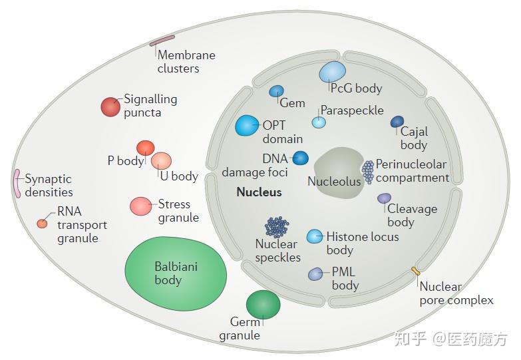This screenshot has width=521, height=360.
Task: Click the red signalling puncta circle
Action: point(110,107)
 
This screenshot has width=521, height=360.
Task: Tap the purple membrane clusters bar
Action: point(162,40)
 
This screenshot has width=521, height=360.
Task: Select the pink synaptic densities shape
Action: point(17,184)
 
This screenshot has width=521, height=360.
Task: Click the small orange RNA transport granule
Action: point(42,224)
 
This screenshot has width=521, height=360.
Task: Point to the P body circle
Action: point(146,148)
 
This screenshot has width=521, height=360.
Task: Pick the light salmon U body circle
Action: point(161,161)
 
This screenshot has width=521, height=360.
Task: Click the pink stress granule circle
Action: point(141,206)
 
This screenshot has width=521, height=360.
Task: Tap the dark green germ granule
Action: point(263,305)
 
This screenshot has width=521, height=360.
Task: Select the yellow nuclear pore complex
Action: point(415,271)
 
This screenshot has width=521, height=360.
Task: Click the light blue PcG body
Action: point(332,72)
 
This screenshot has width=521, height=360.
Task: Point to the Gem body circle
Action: point(276,91)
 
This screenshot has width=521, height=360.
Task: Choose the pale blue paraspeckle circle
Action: point(319,122)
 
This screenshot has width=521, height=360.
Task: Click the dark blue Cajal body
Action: point(397,122)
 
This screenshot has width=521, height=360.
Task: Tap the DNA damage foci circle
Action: point(300,158)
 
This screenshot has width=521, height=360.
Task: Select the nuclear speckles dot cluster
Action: point(277,227)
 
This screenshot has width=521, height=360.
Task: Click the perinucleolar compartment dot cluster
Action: point(368,172)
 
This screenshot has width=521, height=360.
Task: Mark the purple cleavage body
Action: point(384,198)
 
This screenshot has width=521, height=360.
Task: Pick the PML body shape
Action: point(315,274)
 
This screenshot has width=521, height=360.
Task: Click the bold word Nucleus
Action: point(260,192)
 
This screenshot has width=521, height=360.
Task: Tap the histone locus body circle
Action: point(314,236)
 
